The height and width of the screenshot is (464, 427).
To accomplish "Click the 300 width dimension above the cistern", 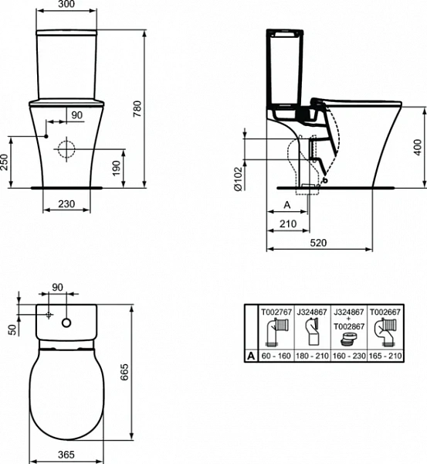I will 67,5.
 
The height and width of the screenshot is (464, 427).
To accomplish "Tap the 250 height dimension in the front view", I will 4,162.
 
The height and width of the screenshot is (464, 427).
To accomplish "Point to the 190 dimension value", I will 117,169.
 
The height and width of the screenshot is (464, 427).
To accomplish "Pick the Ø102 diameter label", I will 240,183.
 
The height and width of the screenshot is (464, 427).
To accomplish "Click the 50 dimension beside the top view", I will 10,329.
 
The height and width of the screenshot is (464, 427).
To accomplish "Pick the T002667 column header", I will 385,311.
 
